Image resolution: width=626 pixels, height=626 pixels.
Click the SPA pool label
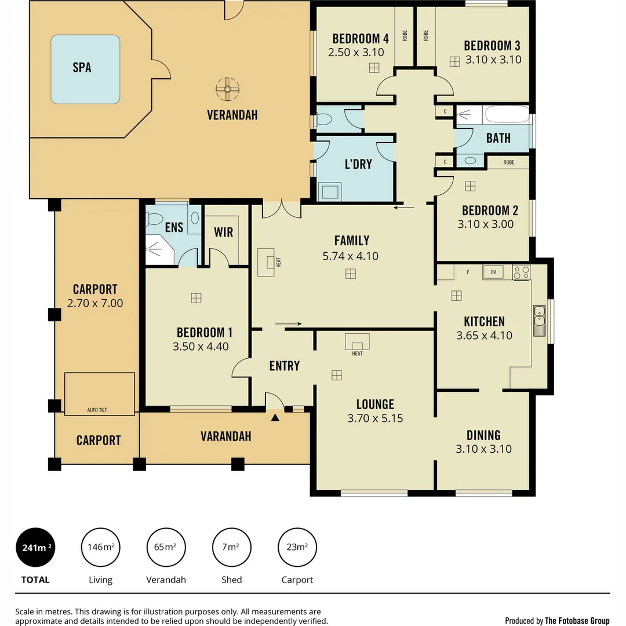coord(82,67)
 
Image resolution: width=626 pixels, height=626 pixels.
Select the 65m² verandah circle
coord(166,547)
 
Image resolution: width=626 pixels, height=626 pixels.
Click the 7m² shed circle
coord(232,547)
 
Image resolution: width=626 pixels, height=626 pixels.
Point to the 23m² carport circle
coord(297,547)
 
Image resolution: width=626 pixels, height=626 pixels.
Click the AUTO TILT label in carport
coord(97,410)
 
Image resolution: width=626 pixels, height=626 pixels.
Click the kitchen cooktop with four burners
coord(521,272)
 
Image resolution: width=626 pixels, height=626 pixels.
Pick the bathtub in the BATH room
coord(507,115)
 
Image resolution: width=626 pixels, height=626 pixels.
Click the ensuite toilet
coord(155,219)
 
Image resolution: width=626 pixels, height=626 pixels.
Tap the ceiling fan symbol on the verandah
coord(227,89)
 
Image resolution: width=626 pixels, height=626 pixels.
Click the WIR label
coord(223,232)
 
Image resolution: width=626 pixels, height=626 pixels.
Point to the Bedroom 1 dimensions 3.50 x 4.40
coord(201,347)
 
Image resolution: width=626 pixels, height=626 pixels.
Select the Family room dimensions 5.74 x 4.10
coord(350,256)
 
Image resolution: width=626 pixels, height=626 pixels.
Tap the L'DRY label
coord(358,164)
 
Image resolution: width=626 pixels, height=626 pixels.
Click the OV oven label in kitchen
coord(493,271)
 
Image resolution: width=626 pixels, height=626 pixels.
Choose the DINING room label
coord(483,435)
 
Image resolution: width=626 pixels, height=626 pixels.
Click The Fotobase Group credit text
coord(577,621)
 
